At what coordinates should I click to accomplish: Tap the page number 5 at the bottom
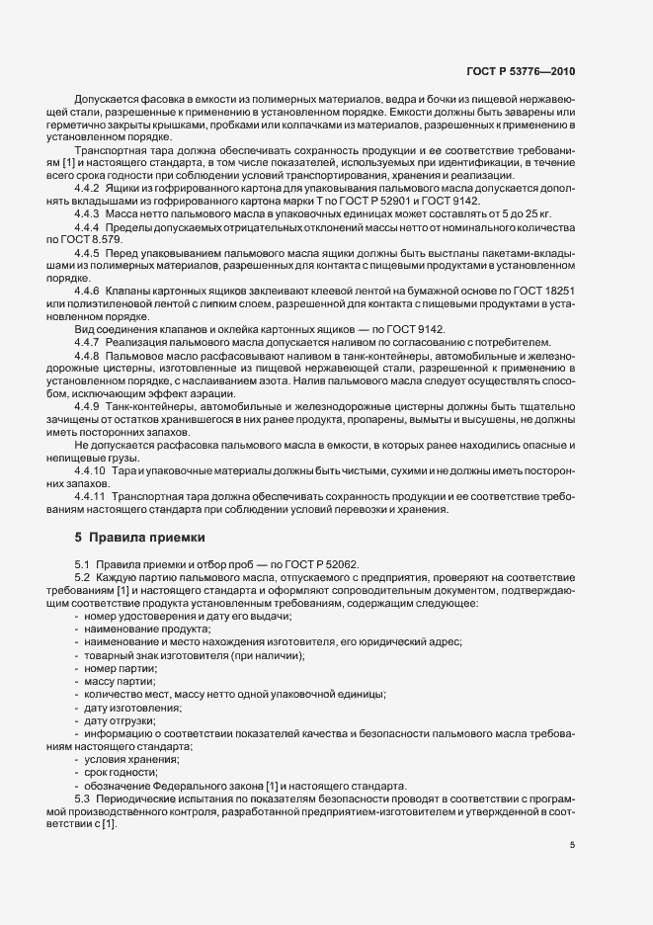tap(573, 845)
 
